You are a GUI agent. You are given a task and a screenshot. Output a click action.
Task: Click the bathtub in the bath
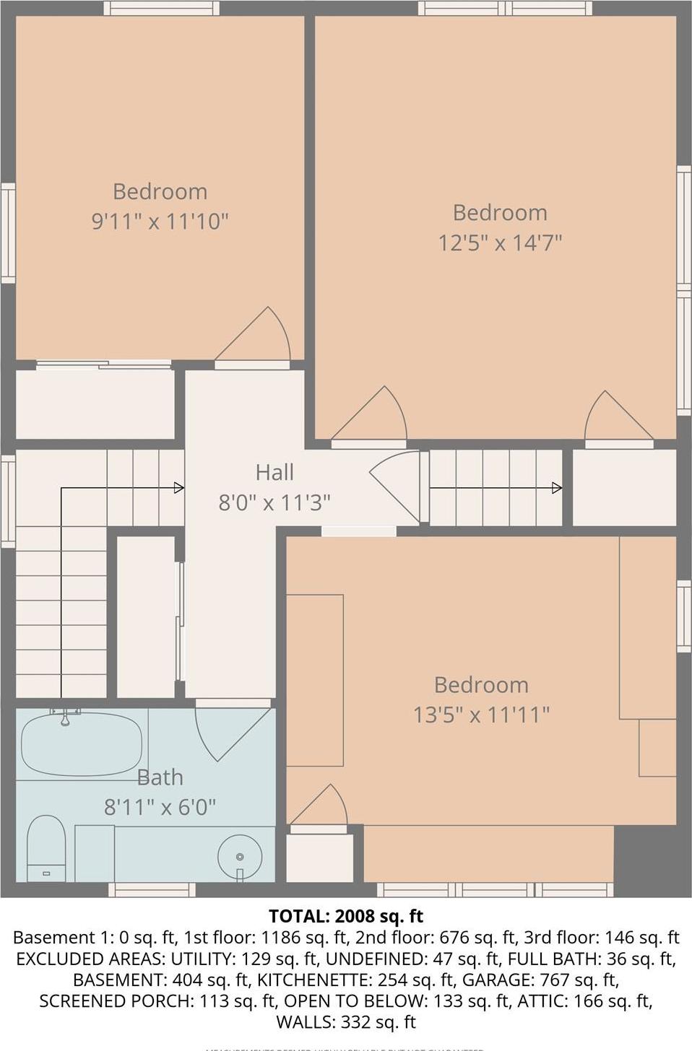81,744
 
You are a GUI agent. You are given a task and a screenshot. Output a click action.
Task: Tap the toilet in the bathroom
46,849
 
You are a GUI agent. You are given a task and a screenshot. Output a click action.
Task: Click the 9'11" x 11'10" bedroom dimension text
160,221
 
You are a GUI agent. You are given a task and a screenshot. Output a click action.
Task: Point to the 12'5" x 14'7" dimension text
500,243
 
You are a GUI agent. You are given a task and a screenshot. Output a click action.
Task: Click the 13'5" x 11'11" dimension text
481,715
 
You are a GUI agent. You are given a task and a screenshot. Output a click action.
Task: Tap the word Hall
274,472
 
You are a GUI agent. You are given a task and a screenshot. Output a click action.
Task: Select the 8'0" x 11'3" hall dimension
274,502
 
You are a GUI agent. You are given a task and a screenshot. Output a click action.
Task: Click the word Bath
160,777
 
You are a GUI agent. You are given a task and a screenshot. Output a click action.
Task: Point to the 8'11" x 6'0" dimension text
160,807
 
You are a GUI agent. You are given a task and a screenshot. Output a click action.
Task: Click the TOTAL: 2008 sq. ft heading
346,916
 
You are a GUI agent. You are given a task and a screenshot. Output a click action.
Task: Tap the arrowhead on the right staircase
557,488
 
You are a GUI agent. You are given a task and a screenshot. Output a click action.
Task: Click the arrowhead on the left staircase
179,488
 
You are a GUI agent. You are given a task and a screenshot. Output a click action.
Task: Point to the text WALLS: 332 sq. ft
346,1022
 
